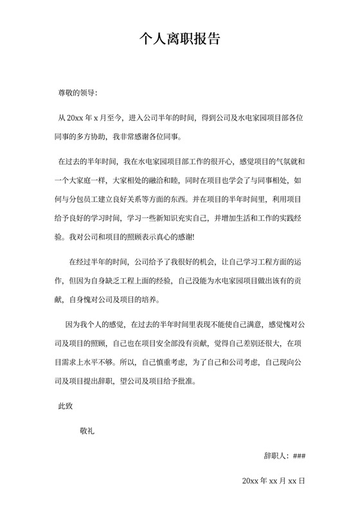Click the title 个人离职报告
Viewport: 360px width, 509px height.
180,39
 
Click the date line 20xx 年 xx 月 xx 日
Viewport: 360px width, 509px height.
273,480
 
